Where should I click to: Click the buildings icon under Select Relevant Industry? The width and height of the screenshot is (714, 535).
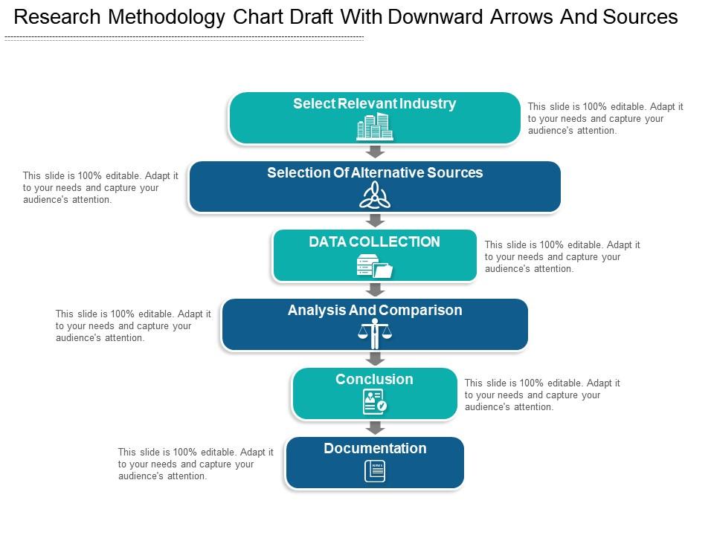pyautogui.click(x=375, y=127)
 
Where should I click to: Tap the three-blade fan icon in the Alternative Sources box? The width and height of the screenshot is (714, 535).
pyautogui.click(x=375, y=196)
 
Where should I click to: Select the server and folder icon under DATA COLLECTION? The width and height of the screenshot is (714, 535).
pyautogui.click(x=375, y=266)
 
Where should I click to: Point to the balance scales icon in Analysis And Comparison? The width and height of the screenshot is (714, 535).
pyautogui.click(x=375, y=334)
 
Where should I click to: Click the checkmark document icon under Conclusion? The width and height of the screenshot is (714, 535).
pyautogui.click(x=375, y=402)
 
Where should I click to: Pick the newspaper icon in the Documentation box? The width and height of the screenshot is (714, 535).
pyautogui.click(x=375, y=471)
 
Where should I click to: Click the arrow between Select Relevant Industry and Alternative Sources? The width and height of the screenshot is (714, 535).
pyautogui.click(x=376, y=152)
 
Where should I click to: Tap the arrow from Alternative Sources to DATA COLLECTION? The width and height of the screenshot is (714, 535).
pyautogui.click(x=376, y=221)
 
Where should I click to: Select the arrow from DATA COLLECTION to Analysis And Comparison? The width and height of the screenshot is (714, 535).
pyautogui.click(x=376, y=290)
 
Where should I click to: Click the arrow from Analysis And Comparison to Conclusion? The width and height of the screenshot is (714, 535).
pyautogui.click(x=376, y=358)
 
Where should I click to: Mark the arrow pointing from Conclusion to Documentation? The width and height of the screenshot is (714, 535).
pyautogui.click(x=376, y=427)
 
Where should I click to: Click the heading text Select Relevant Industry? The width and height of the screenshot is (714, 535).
pyautogui.click(x=374, y=104)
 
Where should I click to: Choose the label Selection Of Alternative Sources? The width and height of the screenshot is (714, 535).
pyautogui.click(x=375, y=173)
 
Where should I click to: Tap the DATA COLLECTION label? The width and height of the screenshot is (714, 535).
pyautogui.click(x=375, y=242)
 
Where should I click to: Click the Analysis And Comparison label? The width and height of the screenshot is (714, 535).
pyautogui.click(x=375, y=311)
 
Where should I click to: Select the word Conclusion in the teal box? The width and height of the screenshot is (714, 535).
pyautogui.click(x=374, y=380)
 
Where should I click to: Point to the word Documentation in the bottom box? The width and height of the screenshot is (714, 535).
pyautogui.click(x=375, y=449)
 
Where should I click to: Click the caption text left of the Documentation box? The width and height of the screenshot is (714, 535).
pyautogui.click(x=196, y=464)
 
